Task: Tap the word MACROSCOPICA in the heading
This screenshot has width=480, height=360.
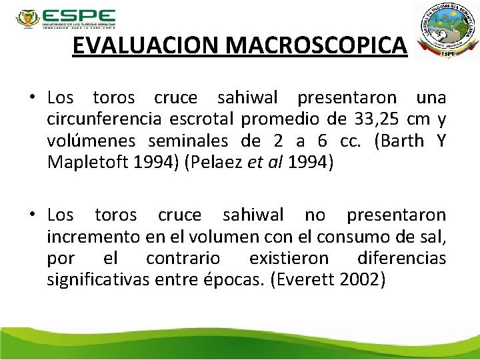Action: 317,45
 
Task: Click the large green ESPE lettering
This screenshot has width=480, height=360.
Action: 78,17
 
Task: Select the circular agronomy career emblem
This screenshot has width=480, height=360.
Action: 446,29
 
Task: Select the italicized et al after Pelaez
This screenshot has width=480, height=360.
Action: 267,162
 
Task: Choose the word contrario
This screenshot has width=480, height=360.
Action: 183,257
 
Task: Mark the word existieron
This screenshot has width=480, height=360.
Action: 289,257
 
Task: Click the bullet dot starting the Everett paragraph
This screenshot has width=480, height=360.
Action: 31,215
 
